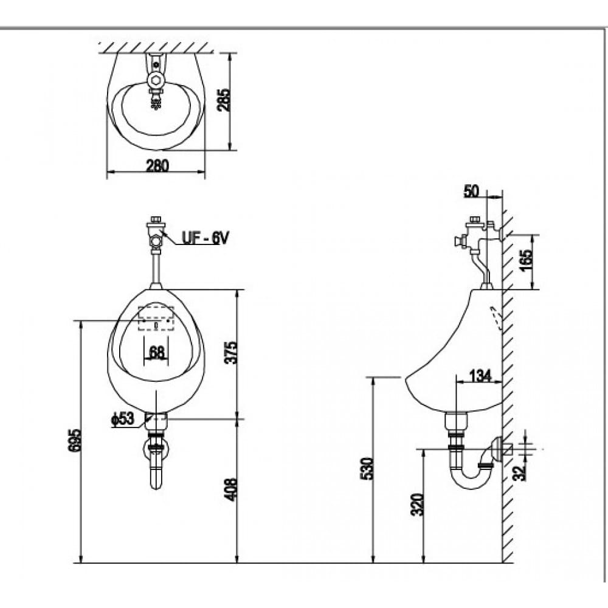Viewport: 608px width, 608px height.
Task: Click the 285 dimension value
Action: tap(224, 100)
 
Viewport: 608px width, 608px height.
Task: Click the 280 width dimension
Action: tap(157, 165)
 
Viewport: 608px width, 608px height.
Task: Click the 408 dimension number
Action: tap(230, 489)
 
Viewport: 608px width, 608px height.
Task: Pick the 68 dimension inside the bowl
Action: tap(157, 352)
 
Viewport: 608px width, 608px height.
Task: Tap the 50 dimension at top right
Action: tap(472, 190)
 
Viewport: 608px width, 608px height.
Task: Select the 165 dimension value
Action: tap(527, 261)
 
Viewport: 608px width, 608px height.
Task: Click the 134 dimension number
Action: tap(480, 376)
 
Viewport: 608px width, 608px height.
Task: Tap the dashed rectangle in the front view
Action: tap(156, 318)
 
